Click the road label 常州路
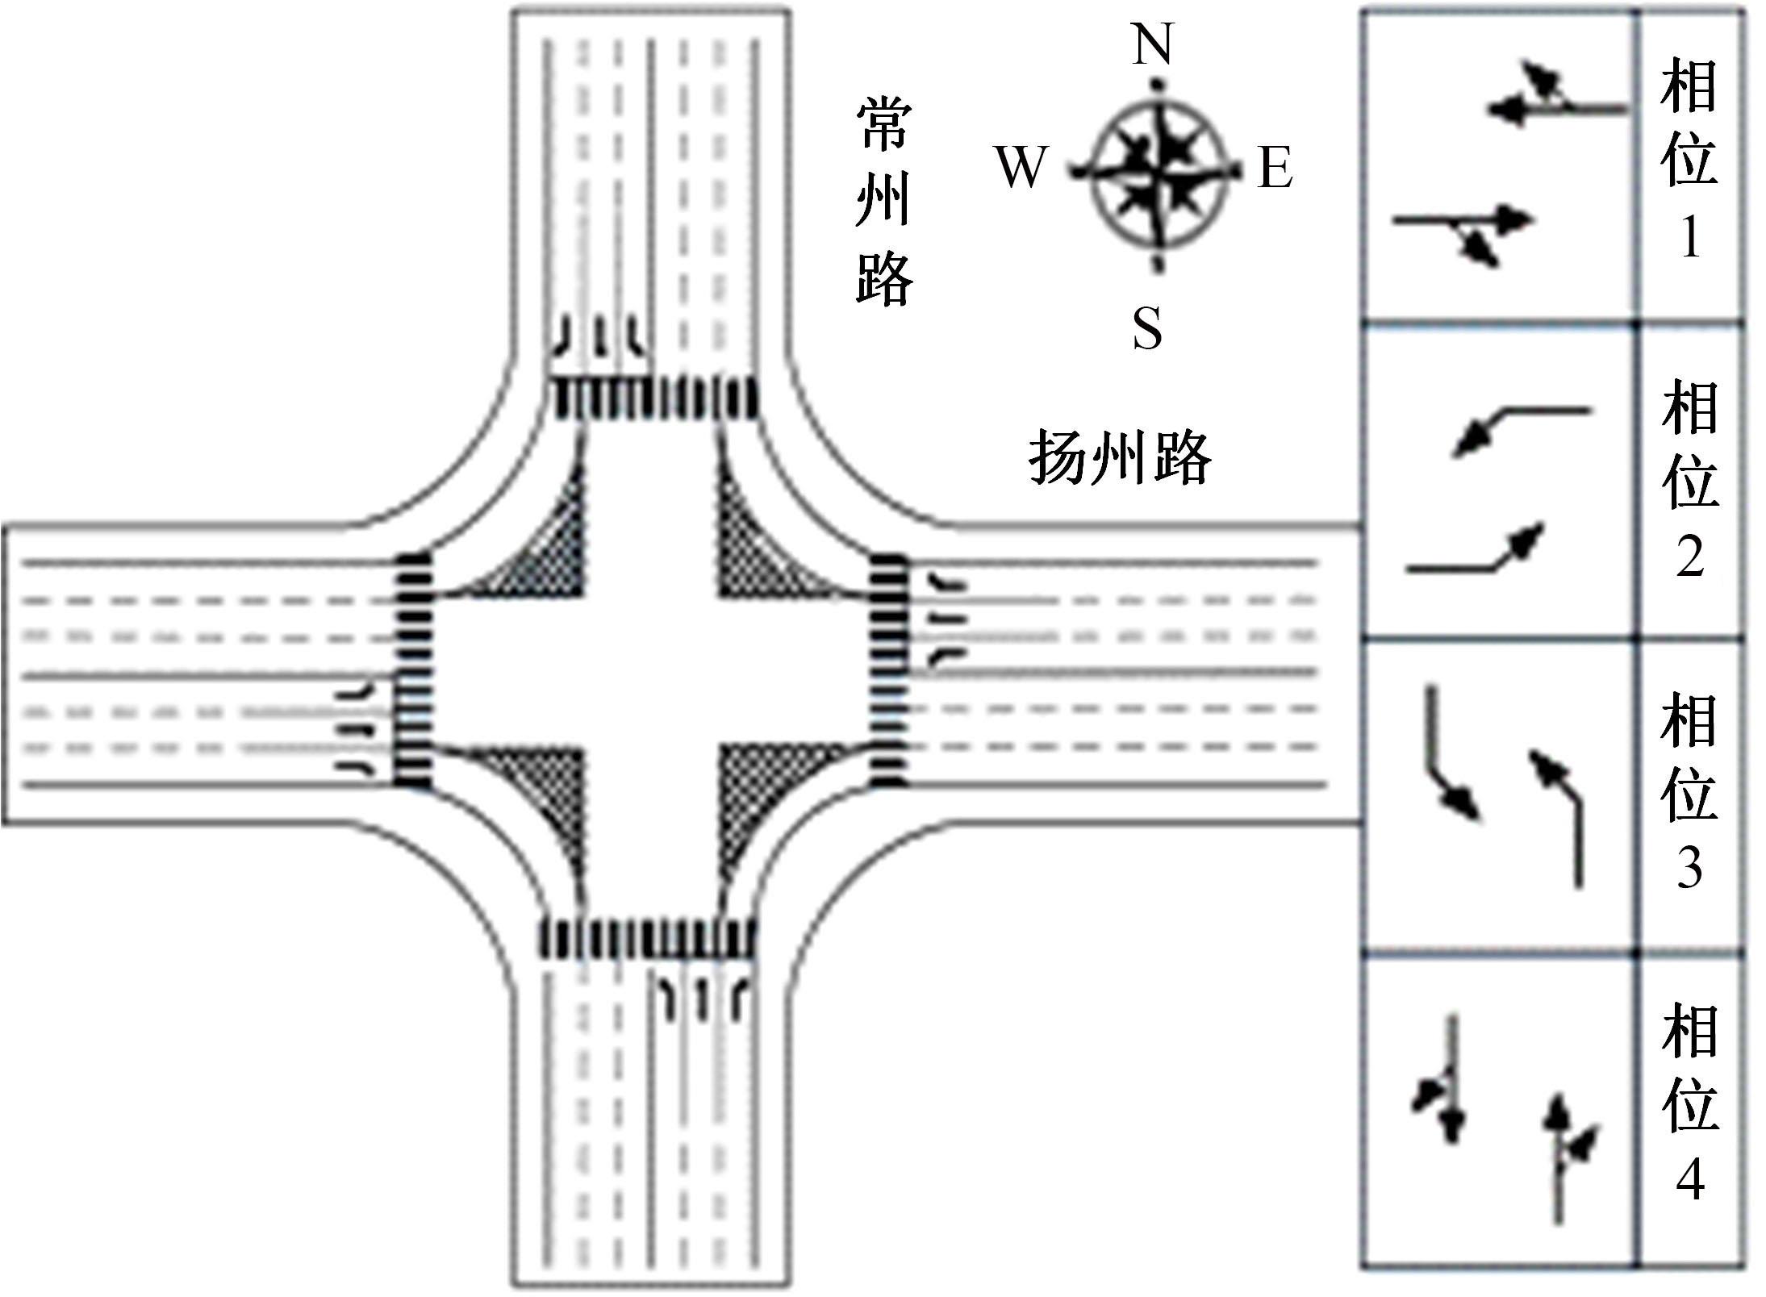tap(884, 202)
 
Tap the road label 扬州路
tap(1120, 458)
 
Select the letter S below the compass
tap(1147, 328)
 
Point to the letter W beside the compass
tap(1021, 167)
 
